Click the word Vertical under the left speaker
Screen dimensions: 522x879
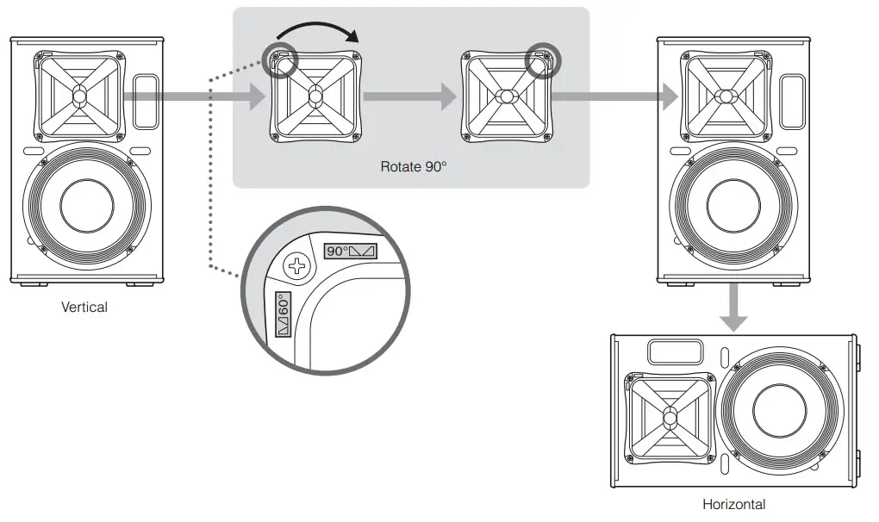pyautogui.click(x=84, y=307)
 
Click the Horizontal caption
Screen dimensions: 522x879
pyautogui.click(x=733, y=505)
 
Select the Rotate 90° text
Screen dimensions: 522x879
pyautogui.click(x=414, y=166)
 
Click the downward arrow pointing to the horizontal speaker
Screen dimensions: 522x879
pyautogui.click(x=733, y=308)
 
